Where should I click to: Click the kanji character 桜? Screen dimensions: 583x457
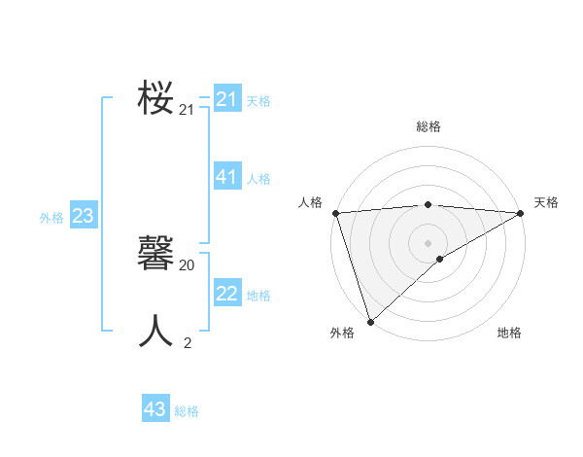155,99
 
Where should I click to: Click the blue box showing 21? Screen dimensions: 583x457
227,99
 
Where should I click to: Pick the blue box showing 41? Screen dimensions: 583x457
227,177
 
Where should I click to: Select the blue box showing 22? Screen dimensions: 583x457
227,294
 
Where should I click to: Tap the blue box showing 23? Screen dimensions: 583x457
83,216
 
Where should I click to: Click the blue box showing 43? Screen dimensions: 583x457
155,409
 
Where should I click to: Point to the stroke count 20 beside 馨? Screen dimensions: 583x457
188,264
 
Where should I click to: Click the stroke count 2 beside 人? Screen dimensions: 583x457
188,342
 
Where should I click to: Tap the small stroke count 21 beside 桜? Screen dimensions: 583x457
188,110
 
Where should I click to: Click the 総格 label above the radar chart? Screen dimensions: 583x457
428,126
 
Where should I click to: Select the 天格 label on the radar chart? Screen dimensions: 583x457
546,202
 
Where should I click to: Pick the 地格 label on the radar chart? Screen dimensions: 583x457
509,333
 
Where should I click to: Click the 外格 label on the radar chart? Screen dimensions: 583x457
342,333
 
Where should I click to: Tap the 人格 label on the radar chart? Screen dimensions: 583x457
310,202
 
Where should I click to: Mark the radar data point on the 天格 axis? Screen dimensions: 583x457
521,212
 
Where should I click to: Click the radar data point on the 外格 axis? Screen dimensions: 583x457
370,321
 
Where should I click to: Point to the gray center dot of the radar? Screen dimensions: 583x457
428,242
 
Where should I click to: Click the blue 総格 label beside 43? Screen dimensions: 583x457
187,411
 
